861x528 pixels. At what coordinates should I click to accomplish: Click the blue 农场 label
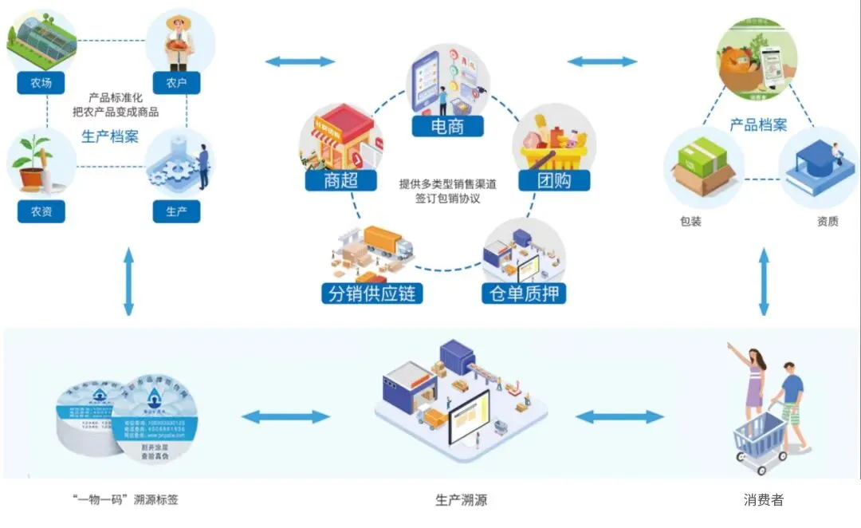click(x=41, y=83)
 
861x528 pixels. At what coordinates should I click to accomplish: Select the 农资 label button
click(x=41, y=211)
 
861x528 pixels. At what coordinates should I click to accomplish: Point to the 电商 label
click(x=447, y=125)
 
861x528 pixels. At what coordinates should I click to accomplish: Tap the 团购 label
click(x=555, y=180)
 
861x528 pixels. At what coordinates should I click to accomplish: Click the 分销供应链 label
click(x=372, y=293)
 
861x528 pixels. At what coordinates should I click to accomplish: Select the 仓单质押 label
click(x=523, y=293)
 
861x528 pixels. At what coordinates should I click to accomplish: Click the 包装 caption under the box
click(x=690, y=221)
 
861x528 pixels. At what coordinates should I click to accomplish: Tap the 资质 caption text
click(x=828, y=221)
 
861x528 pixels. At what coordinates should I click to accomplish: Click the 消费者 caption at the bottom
click(x=764, y=500)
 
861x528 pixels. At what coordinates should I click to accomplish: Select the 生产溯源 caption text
click(x=461, y=500)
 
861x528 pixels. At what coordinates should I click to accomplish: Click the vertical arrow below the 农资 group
click(x=128, y=282)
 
